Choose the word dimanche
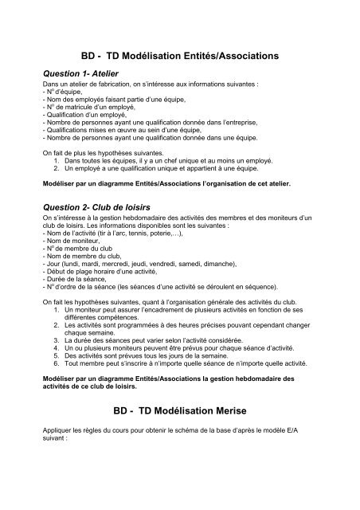(x=245, y=269)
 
